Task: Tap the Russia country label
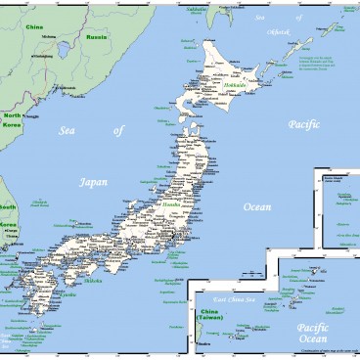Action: click(x=97, y=37)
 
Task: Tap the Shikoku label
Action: click(x=93, y=280)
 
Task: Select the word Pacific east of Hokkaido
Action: click(x=297, y=123)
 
